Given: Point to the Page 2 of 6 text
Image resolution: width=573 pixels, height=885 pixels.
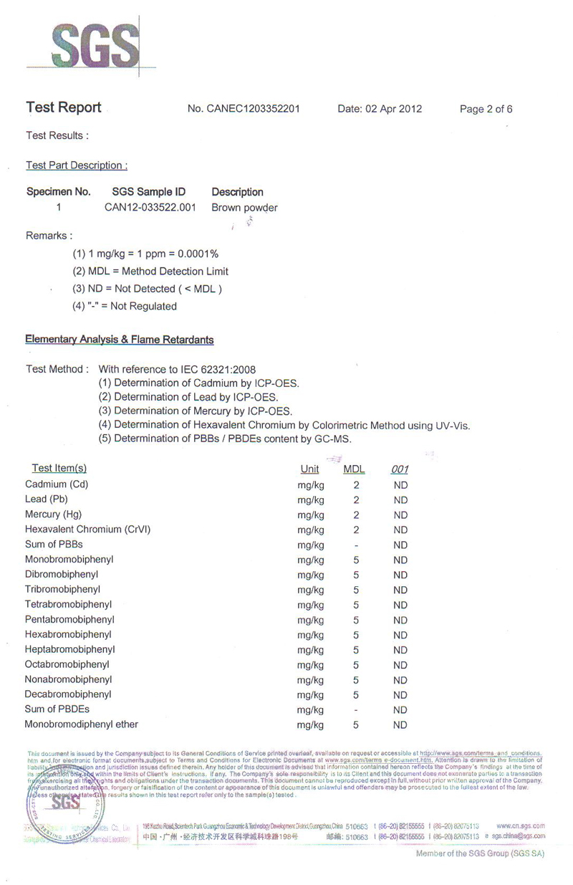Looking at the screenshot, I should [486, 109].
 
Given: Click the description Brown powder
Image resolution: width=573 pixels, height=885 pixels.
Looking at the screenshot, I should [244, 208].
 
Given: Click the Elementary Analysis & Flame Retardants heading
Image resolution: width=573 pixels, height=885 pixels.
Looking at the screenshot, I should [120, 339].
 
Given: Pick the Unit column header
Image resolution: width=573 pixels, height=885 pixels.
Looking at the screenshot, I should [310, 469].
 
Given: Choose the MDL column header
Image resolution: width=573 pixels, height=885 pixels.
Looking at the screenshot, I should [355, 469].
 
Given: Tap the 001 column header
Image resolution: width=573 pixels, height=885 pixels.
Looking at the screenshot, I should [400, 469].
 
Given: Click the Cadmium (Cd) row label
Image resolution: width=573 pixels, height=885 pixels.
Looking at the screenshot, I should [57, 484].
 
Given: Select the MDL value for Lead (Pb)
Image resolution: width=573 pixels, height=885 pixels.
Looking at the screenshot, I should [356, 499].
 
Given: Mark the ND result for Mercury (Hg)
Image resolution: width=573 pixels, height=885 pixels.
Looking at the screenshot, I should [400, 515].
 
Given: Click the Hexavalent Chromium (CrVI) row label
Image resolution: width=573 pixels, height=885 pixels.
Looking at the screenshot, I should [87, 530].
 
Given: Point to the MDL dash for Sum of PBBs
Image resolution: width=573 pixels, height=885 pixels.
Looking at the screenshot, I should [356, 545].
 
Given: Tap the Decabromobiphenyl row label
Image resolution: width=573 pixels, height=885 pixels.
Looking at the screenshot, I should [68, 694].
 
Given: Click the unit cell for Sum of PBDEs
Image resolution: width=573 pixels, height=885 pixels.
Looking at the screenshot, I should [310, 709].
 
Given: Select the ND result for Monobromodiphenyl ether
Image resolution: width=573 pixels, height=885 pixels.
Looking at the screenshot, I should [400, 724].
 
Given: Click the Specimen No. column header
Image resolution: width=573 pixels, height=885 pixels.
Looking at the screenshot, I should [59, 192].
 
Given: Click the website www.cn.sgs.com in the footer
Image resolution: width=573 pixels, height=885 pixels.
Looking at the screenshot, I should [520, 826].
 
